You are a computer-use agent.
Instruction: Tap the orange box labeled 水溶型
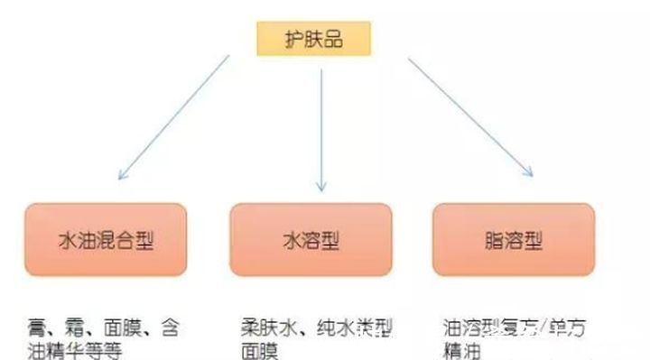(311, 239)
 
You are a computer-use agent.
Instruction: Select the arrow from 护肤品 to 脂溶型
(469, 115)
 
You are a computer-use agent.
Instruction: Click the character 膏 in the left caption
(36, 327)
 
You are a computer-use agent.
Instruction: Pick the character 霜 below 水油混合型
(78, 327)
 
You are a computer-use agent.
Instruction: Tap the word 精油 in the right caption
(463, 350)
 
